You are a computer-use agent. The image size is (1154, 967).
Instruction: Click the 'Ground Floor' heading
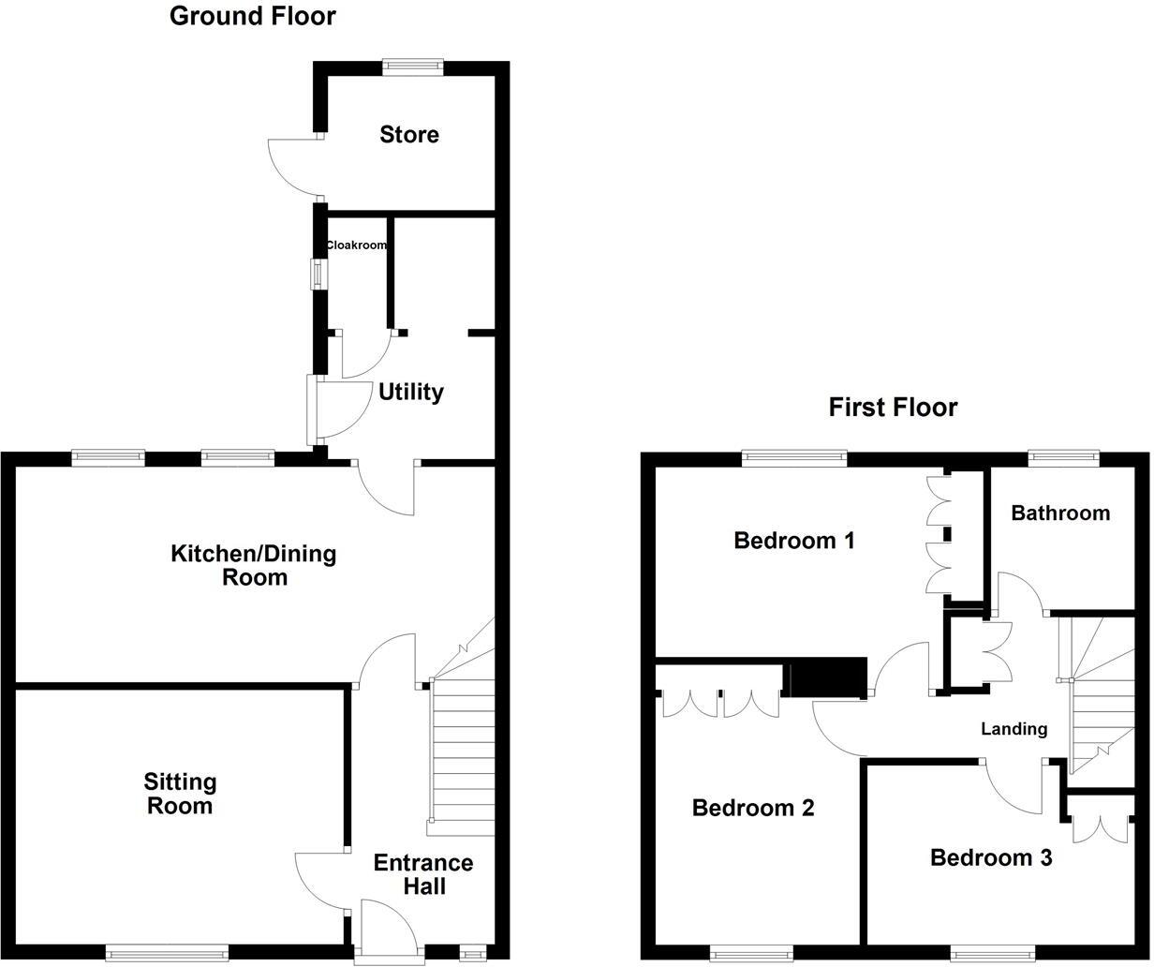click(x=252, y=16)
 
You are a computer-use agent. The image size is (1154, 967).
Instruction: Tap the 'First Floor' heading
click(x=893, y=408)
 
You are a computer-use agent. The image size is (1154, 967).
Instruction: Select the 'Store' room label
click(x=409, y=135)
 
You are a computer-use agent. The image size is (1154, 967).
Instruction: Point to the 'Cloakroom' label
click(x=356, y=245)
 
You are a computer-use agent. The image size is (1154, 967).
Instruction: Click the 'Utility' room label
click(x=410, y=392)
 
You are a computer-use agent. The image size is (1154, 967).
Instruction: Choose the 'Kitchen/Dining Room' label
click(x=253, y=565)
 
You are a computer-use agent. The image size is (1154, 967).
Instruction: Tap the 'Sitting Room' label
click(x=180, y=794)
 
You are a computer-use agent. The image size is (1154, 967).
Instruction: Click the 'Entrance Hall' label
click(x=423, y=874)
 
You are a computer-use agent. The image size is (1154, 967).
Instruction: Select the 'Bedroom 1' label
click(x=794, y=541)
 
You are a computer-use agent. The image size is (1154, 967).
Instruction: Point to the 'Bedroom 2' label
click(x=753, y=808)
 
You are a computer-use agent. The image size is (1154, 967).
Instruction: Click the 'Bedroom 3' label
click(x=991, y=857)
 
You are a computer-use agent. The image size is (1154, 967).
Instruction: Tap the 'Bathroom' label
click(x=1060, y=513)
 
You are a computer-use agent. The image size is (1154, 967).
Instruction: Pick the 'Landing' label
click(x=1013, y=729)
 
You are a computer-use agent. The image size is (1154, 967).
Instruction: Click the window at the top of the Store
click(x=412, y=66)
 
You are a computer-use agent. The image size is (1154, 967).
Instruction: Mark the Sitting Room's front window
click(x=167, y=953)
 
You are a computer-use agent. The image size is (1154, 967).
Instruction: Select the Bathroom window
click(x=1062, y=457)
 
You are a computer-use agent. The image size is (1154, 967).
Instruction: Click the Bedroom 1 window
click(x=794, y=457)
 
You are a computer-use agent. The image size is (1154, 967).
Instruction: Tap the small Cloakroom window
click(x=318, y=274)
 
